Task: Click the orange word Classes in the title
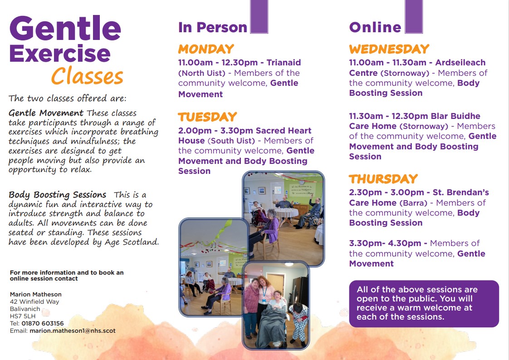87,76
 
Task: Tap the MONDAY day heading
206,49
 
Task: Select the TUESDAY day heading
207,117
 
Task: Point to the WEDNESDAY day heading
389,49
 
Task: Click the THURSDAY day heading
383,179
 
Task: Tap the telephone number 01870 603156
43,324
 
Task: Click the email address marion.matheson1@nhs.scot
73,331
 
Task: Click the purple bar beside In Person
259,17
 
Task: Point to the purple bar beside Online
414,17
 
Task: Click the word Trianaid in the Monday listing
284,62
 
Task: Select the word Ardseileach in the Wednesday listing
460,62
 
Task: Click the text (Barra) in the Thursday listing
413,203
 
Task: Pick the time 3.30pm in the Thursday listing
363,243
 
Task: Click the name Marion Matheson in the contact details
36,294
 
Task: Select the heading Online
375,27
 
